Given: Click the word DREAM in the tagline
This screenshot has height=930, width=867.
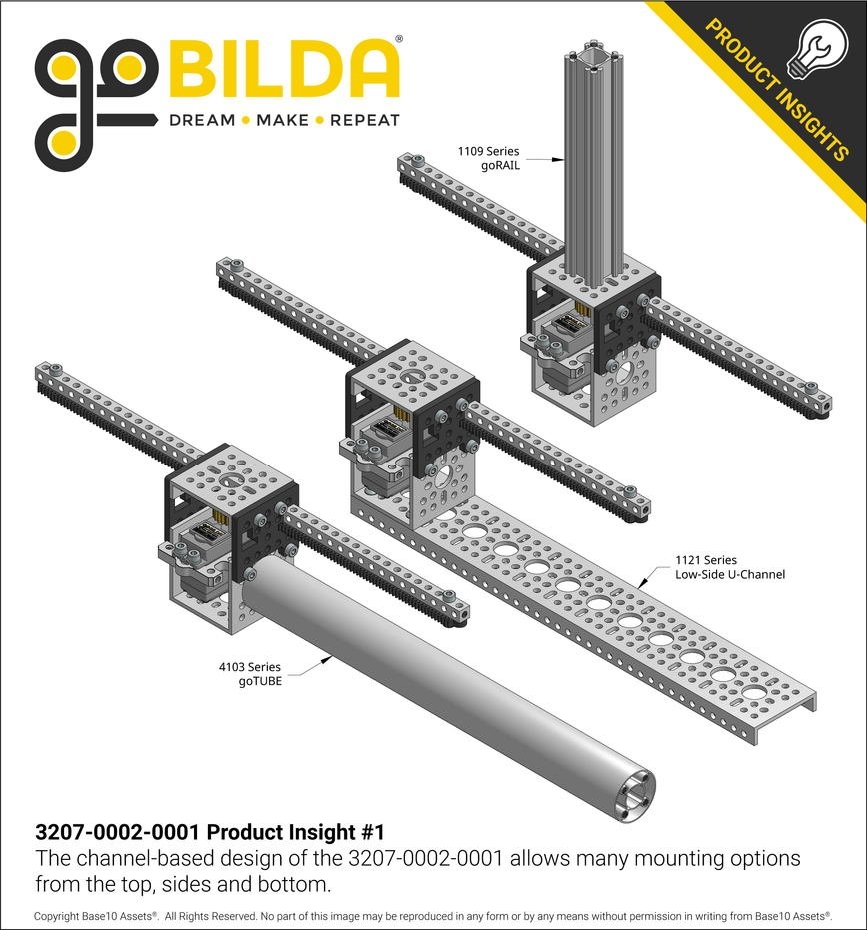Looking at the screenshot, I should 202,120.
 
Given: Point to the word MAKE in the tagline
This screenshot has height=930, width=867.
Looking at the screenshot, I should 283,120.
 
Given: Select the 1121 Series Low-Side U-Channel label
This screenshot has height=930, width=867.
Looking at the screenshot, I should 730,567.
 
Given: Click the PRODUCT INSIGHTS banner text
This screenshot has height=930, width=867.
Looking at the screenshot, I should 776,89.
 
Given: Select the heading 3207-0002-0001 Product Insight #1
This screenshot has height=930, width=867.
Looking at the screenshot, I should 210,832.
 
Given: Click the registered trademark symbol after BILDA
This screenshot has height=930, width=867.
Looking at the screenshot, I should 399,40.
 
